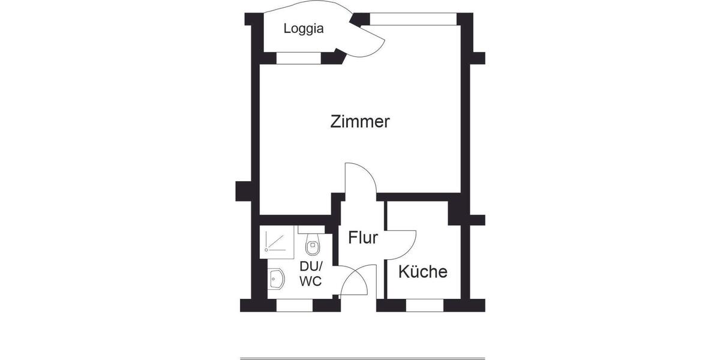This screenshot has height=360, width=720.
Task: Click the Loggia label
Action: click(304, 28)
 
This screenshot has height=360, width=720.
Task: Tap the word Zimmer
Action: click(360, 122)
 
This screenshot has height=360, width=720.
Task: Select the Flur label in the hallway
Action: click(363, 238)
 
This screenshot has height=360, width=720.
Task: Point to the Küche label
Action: click(423, 272)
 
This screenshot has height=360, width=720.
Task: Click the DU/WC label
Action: click(311, 274)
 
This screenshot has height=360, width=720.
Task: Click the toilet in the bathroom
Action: click(313, 245)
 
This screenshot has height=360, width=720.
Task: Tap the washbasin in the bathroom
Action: click(277, 279)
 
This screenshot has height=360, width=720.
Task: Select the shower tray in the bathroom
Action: click(277, 242)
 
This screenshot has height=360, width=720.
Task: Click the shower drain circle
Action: click(266, 248)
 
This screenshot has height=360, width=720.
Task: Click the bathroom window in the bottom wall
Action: click(295, 305)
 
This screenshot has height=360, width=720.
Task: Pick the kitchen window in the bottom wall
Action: click(425, 305)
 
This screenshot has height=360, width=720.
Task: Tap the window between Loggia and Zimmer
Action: click(299, 58)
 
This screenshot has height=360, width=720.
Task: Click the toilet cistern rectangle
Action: click(311, 230)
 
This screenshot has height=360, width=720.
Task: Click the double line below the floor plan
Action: click(362, 358)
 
